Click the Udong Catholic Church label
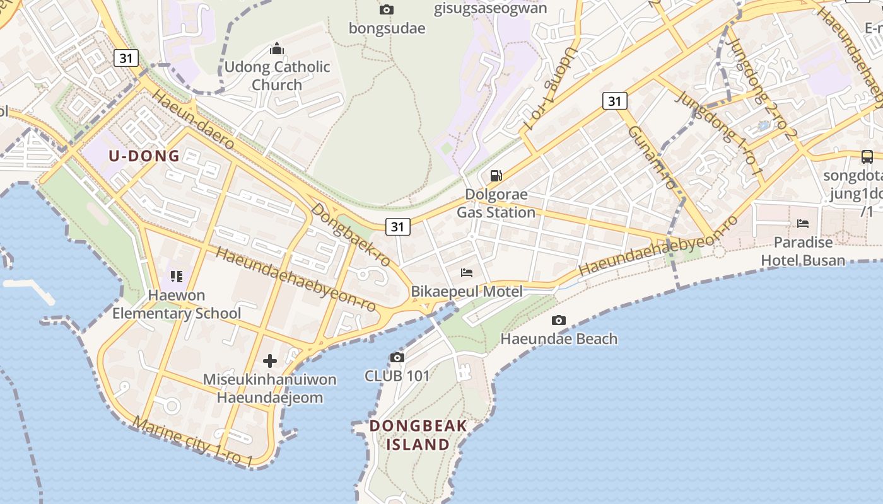(278, 76)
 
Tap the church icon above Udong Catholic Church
(276, 49)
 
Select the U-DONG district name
(144, 156)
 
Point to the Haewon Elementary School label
(177, 304)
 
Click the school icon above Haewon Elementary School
(177, 276)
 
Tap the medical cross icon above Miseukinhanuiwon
(270, 361)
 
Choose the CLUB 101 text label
(397, 376)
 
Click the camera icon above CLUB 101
(397, 358)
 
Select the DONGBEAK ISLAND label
(419, 435)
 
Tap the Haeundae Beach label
(559, 339)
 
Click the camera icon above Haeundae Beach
(559, 320)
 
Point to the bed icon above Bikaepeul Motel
(467, 272)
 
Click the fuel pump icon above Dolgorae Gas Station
(496, 175)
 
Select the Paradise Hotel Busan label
(803, 251)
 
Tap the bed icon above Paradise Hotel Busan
(803, 223)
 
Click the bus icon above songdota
(867, 156)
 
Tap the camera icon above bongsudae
(387, 9)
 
